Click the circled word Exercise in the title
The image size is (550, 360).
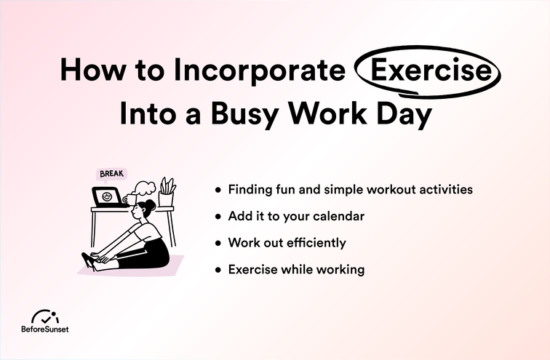(x=427, y=71)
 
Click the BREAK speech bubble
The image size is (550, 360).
(x=111, y=175)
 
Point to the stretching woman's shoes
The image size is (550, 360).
(x=89, y=260)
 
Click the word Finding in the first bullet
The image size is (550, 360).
(x=250, y=190)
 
